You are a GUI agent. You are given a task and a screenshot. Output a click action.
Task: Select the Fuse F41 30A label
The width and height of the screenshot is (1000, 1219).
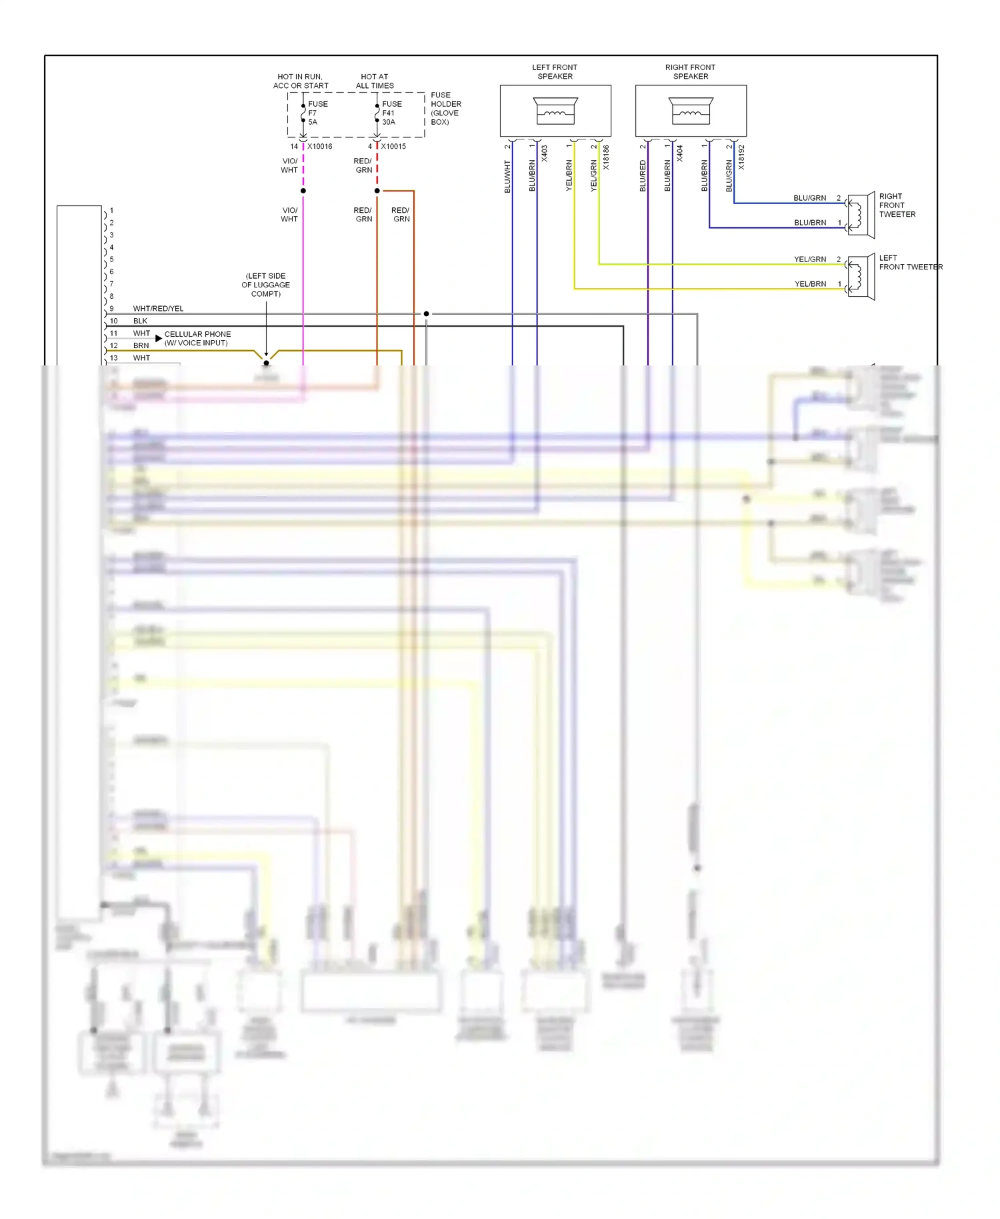point(391,113)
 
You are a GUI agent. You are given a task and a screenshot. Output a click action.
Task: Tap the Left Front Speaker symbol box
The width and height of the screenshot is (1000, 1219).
point(555,111)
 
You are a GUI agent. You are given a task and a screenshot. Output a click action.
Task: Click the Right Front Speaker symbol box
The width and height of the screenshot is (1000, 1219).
point(691,111)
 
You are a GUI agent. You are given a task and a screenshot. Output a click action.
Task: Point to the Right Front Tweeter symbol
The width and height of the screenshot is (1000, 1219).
point(861,215)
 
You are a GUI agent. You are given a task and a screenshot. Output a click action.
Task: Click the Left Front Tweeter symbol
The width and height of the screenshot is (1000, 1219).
point(861,277)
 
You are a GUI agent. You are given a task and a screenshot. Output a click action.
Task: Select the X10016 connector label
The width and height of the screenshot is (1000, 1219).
point(319,146)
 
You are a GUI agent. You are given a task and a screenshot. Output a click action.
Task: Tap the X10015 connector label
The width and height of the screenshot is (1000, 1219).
point(393,146)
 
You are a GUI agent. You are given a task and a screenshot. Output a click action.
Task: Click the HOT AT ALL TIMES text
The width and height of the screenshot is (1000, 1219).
point(375,81)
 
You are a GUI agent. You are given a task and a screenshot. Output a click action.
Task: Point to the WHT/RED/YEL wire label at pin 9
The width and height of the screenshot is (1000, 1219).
point(158,309)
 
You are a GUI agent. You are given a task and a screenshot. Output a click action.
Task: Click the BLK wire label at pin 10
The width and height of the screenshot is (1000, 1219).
point(140,321)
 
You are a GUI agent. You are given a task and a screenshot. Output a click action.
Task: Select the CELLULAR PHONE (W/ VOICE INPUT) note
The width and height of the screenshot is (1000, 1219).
point(197,339)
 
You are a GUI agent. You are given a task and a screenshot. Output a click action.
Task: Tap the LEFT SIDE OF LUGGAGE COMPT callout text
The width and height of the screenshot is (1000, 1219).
point(265,285)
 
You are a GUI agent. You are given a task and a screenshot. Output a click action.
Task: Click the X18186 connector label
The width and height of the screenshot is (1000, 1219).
point(606,158)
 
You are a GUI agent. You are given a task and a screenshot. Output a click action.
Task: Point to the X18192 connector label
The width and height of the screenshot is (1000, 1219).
point(741,158)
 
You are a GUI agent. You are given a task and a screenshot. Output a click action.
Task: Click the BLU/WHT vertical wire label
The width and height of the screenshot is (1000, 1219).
point(507,177)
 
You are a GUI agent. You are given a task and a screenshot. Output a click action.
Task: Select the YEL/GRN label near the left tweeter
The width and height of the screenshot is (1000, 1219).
point(809,259)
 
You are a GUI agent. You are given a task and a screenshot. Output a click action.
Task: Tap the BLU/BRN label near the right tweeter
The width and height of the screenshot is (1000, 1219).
point(809,223)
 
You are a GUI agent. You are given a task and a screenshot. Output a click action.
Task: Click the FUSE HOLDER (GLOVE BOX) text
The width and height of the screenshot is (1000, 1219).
point(445,109)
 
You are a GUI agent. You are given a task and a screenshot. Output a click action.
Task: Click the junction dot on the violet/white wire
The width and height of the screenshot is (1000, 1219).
point(303,191)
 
